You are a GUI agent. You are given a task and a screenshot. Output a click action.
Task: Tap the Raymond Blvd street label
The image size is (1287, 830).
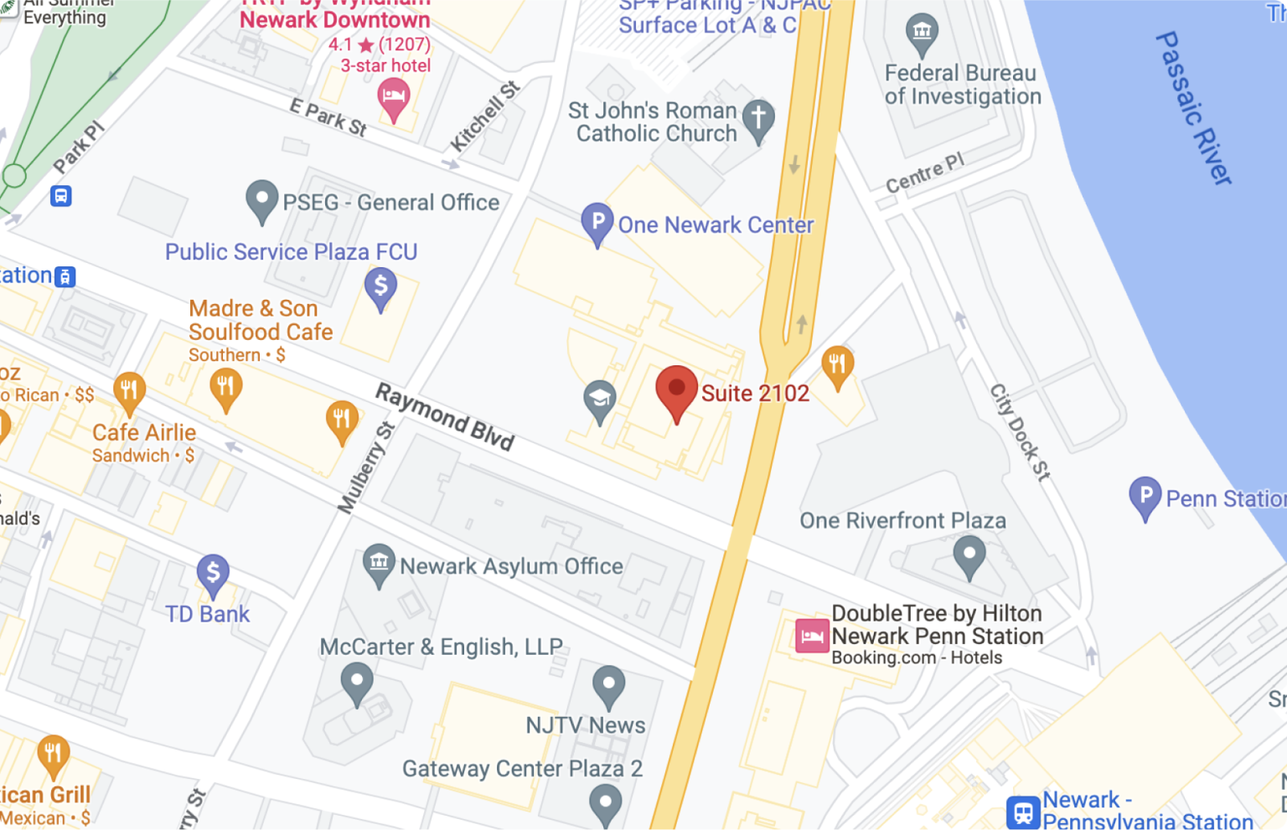pyautogui.click(x=444, y=416)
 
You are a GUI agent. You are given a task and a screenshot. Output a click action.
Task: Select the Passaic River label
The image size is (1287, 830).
pyautogui.click(x=1193, y=107)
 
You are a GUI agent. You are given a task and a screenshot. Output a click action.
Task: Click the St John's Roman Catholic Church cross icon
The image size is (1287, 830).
pyautogui.click(x=758, y=119)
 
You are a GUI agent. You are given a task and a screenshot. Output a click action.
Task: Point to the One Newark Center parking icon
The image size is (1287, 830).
pyautogui.click(x=597, y=223)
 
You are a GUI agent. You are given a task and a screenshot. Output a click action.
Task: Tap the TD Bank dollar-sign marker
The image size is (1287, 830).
pyautogui.click(x=213, y=575)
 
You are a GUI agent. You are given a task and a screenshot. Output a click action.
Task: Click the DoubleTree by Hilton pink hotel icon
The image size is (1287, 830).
pyautogui.click(x=811, y=636)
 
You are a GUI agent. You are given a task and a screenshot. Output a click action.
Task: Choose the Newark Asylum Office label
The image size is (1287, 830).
pyautogui.click(x=511, y=566)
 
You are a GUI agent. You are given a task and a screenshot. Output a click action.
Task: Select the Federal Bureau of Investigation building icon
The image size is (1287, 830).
pyautogui.click(x=922, y=34)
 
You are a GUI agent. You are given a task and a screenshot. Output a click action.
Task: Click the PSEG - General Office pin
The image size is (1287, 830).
pyautogui.click(x=261, y=200)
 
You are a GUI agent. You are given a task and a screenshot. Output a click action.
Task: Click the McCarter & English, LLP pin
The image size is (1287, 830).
pyautogui.click(x=357, y=682)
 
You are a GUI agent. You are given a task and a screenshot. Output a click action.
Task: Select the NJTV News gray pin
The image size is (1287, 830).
pyautogui.click(x=608, y=685)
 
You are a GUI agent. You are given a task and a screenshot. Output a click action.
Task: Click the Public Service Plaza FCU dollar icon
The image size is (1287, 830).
pyautogui.click(x=380, y=287)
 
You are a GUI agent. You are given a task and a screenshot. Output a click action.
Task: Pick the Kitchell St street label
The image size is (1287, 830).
pyautogui.click(x=485, y=116)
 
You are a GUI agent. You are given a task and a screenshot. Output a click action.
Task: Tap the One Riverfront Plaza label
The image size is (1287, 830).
pyautogui.click(x=902, y=521)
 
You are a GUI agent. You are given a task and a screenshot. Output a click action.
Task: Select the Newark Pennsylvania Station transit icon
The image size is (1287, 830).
pyautogui.click(x=1023, y=812)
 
